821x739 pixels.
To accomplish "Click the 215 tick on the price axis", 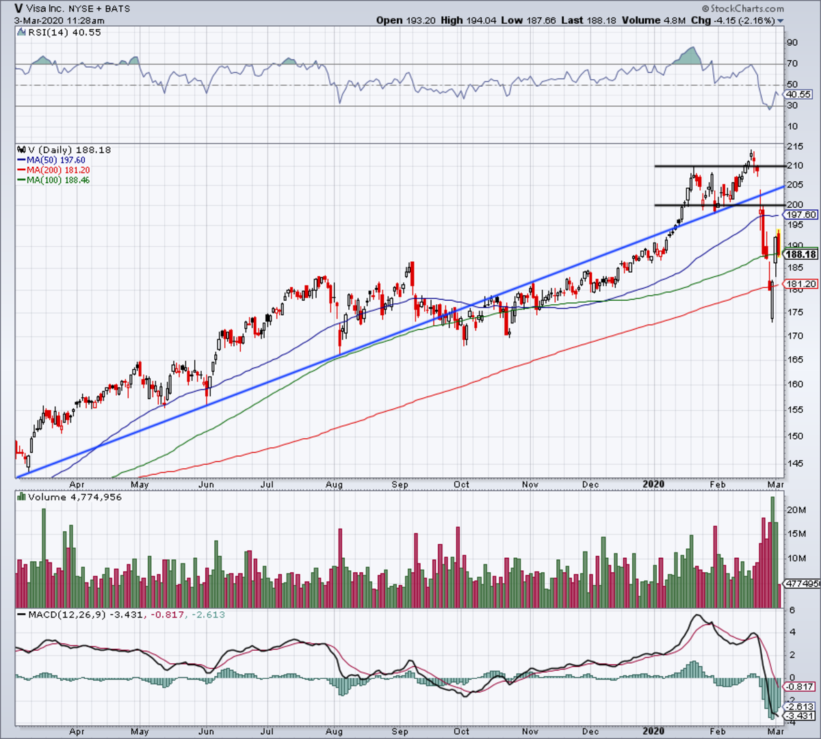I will coord(794,147).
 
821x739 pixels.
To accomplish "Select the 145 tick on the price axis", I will coord(794,463).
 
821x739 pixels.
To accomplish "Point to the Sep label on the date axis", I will coord(400,484).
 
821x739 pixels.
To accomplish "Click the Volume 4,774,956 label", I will coord(75,497).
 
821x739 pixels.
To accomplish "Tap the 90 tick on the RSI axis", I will coord(792,42).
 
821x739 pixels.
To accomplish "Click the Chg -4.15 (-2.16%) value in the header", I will coord(742,21).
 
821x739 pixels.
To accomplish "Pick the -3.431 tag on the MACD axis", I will coord(800,716).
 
